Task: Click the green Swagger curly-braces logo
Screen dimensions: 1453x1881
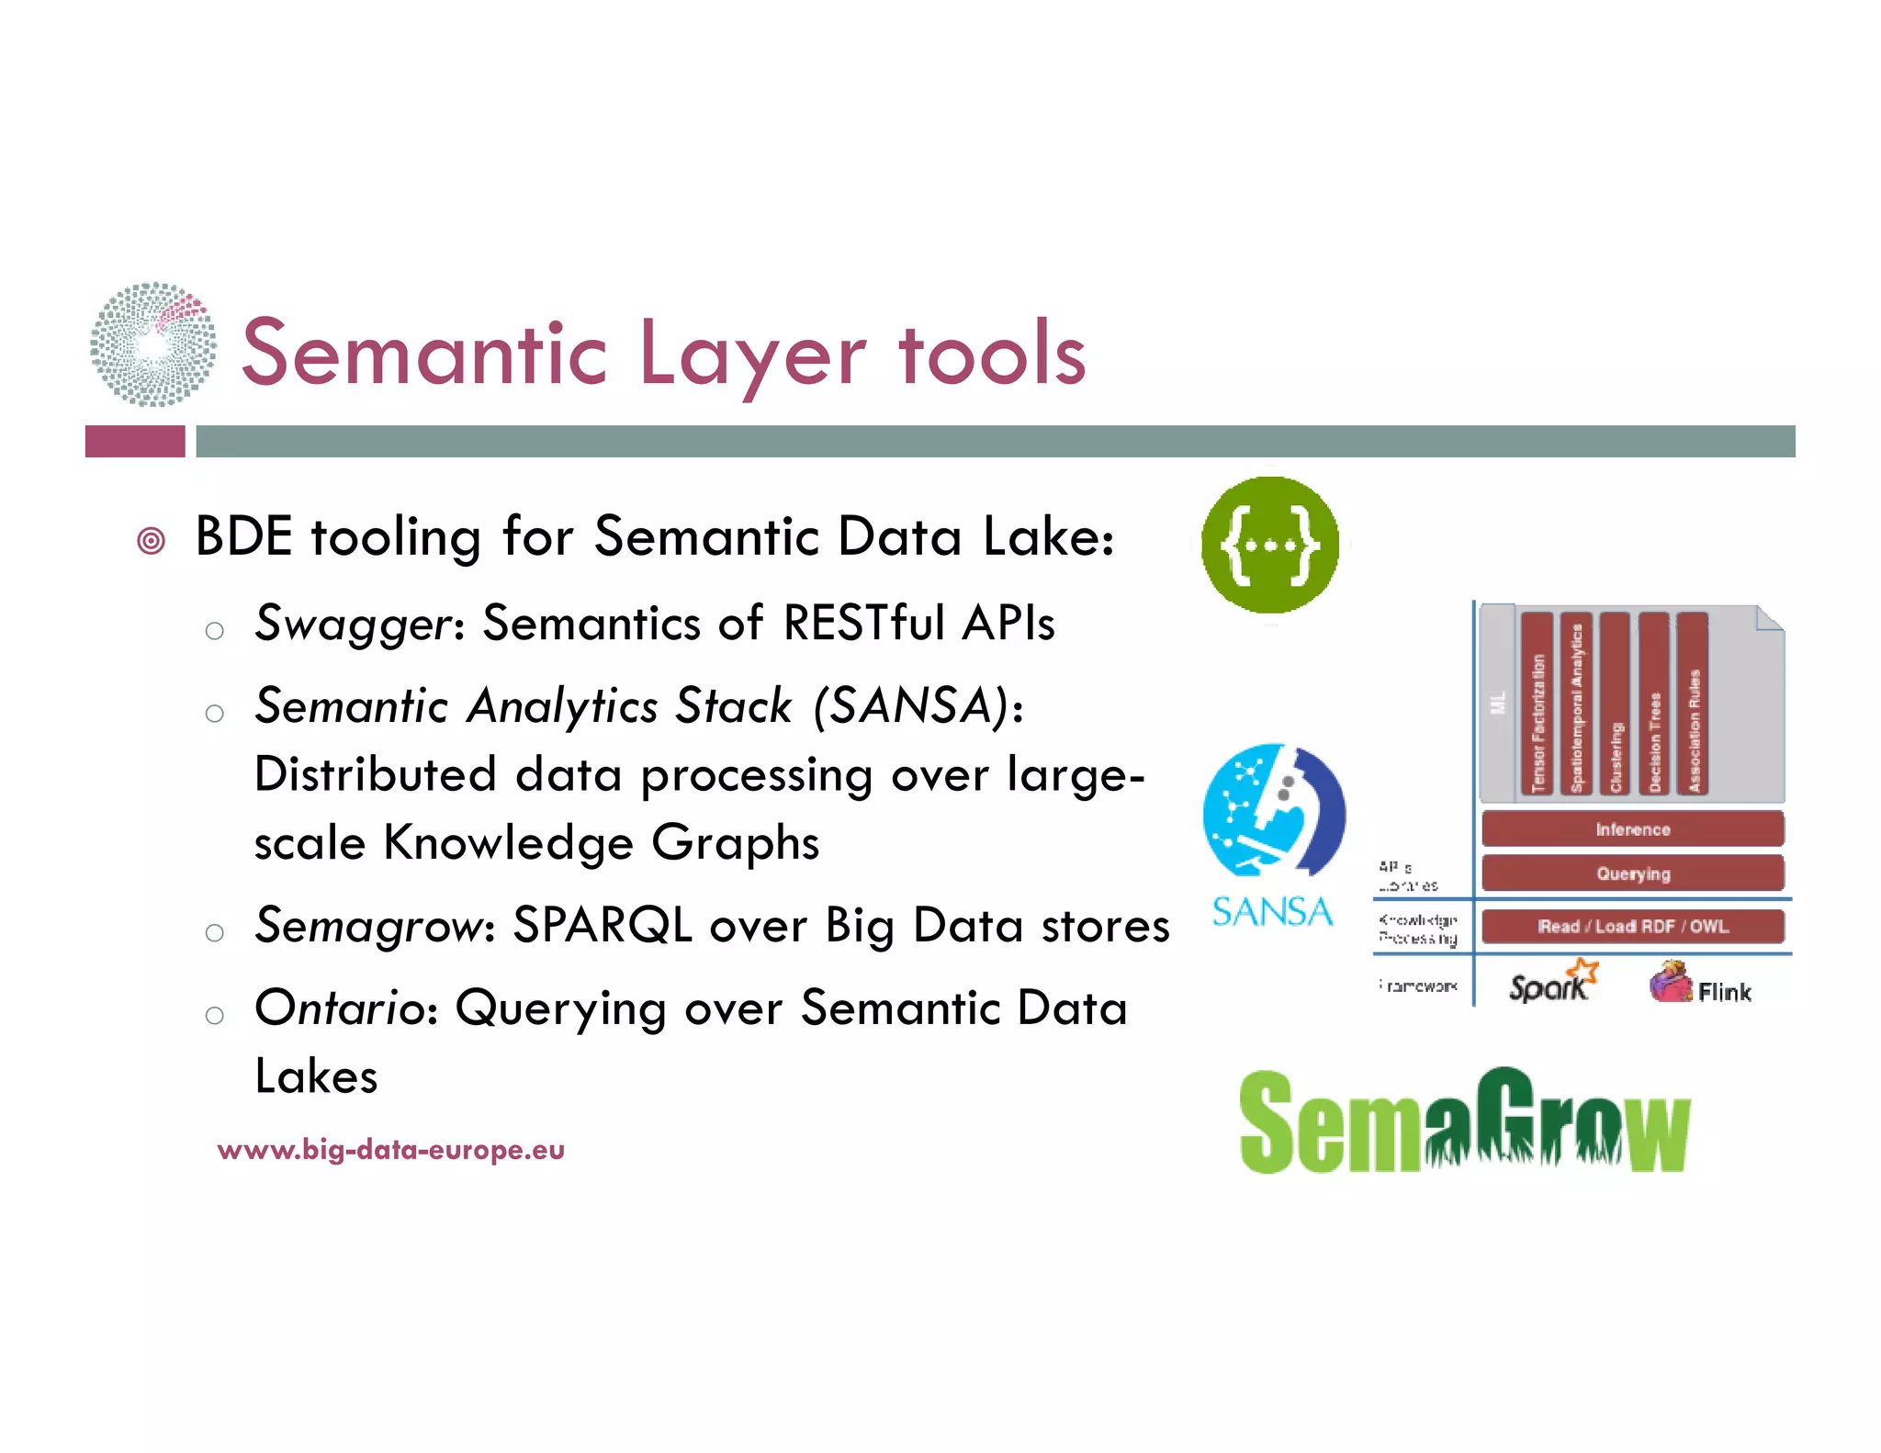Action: coord(1269,545)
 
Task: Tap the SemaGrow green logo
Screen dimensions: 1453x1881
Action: coord(1464,1121)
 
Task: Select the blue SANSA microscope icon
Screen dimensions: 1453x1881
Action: coord(1274,809)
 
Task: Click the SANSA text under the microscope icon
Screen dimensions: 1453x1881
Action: coord(1272,912)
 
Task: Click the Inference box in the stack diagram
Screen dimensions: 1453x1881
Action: coord(1632,829)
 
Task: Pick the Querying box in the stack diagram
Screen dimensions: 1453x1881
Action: coord(1632,873)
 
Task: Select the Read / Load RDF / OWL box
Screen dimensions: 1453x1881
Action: coord(1632,926)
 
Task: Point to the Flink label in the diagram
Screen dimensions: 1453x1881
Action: coord(1723,992)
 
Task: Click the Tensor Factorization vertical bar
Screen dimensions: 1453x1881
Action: coord(1537,704)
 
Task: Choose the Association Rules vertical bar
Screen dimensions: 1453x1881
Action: coord(1693,704)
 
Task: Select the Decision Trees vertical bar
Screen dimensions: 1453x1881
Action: coord(1654,704)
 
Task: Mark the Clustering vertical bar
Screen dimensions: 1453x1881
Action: coord(1615,704)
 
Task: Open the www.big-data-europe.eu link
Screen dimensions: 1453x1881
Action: coord(391,1150)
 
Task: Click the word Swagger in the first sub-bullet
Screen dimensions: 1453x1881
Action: coord(352,625)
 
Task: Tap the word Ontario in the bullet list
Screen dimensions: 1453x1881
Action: coord(339,1008)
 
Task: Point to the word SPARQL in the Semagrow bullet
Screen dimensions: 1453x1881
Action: coord(602,926)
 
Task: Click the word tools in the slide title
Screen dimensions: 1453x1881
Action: coord(992,354)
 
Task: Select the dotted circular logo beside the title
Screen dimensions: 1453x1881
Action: coord(153,344)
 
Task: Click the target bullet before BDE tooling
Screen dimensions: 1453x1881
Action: coord(152,541)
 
